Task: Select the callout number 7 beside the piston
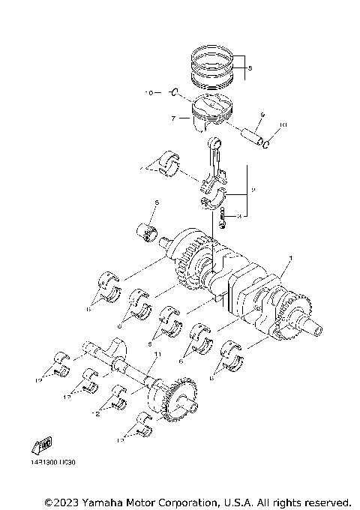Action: [x=172, y=118]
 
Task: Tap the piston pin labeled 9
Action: [x=250, y=133]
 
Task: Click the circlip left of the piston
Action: [x=174, y=93]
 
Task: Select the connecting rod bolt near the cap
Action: [x=223, y=219]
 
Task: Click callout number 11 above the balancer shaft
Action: [x=157, y=352]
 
